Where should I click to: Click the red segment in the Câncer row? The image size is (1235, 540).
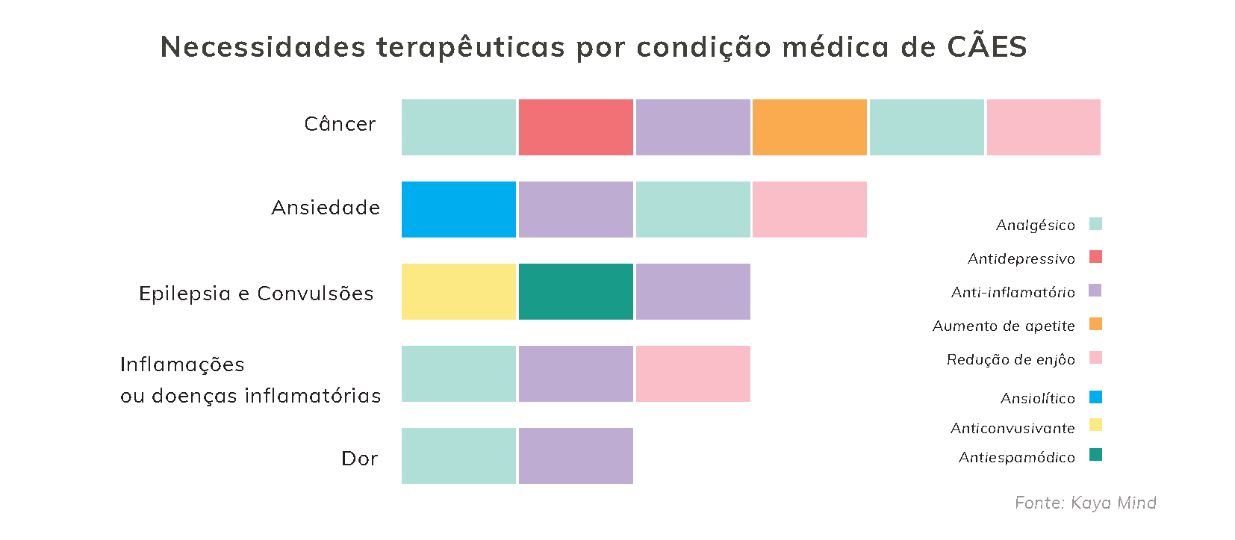pyautogui.click(x=576, y=128)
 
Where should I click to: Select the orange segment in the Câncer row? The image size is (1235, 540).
pyautogui.click(x=809, y=128)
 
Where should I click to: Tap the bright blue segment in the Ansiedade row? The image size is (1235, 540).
pyautogui.click(x=458, y=210)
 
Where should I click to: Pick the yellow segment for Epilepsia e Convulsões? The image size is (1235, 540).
pyautogui.click(x=458, y=292)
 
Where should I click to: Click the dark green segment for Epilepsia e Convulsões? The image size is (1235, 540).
pyautogui.click(x=576, y=292)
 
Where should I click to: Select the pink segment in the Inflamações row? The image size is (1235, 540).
pyautogui.click(x=693, y=374)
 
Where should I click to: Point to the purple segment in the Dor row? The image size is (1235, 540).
pyautogui.click(x=576, y=456)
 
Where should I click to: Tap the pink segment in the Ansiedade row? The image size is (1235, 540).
pyautogui.click(x=809, y=210)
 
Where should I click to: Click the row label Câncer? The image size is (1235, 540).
pyautogui.click(x=340, y=124)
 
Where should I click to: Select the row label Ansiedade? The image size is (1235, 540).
pyautogui.click(x=326, y=208)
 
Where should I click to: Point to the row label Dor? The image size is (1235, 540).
pyautogui.click(x=359, y=459)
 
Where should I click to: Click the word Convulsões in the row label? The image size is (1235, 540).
pyautogui.click(x=315, y=294)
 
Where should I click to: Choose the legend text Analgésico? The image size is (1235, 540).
pyautogui.click(x=1036, y=226)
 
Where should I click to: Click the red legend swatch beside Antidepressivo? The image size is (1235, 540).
pyautogui.click(x=1095, y=257)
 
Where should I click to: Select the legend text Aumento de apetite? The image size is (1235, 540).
pyautogui.click(x=1004, y=326)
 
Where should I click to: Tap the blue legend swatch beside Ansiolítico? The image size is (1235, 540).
pyautogui.click(x=1095, y=397)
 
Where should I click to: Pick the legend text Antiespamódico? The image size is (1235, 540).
pyautogui.click(x=1017, y=458)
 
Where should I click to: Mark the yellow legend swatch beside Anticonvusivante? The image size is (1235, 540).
pyautogui.click(x=1095, y=425)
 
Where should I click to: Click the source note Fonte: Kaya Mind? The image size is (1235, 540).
pyautogui.click(x=1086, y=503)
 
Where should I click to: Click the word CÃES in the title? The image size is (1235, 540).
pyautogui.click(x=987, y=47)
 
